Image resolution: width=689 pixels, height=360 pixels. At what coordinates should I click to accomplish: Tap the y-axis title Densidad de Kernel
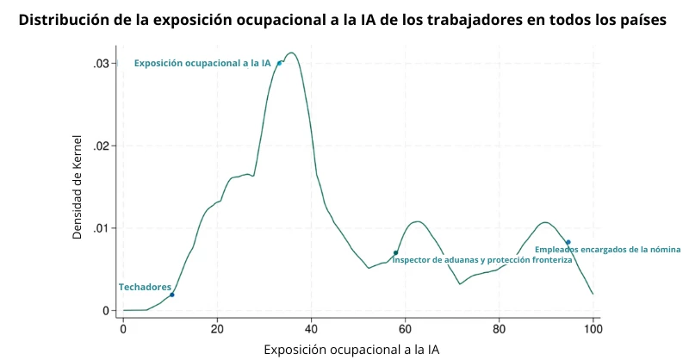pyautogui.click(x=77, y=187)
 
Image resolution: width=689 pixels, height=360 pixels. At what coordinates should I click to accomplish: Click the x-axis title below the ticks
pyautogui.click(x=351, y=349)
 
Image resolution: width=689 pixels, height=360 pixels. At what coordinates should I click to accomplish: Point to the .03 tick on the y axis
pyautogui.click(x=101, y=64)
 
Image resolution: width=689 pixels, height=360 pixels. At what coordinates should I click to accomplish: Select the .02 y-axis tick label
pyautogui.click(x=101, y=146)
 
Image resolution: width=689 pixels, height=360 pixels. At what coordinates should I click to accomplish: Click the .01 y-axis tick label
pyautogui.click(x=101, y=228)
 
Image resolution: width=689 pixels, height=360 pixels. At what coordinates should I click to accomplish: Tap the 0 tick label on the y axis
pyautogui.click(x=106, y=310)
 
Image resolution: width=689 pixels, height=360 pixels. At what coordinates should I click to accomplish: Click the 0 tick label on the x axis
pyautogui.click(x=123, y=329)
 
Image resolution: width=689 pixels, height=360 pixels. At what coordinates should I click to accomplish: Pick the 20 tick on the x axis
pyautogui.click(x=217, y=329)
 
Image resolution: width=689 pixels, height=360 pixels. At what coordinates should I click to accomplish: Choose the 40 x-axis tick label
pyautogui.click(x=312, y=329)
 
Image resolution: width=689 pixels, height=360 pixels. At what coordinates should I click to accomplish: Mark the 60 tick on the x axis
pyautogui.click(x=406, y=329)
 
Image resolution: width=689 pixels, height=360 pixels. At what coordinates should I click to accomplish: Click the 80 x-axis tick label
pyautogui.click(x=500, y=329)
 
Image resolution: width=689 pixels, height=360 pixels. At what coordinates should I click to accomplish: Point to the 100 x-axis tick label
pyautogui.click(x=593, y=329)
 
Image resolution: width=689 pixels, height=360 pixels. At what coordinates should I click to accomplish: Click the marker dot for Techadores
pyautogui.click(x=172, y=295)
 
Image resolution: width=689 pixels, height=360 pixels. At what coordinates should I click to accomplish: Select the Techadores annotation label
pyautogui.click(x=145, y=287)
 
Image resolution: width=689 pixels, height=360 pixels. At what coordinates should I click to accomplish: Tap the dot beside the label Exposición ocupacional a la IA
pyautogui.click(x=279, y=63)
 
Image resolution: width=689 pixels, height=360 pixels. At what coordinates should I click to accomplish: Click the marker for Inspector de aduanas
pyautogui.click(x=395, y=252)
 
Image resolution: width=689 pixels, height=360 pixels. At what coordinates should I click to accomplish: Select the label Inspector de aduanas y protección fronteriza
pyautogui.click(x=481, y=260)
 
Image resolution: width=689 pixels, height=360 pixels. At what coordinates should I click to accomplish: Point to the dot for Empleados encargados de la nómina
pyautogui.click(x=568, y=242)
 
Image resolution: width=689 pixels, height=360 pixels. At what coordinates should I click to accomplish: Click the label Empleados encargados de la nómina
pyautogui.click(x=607, y=250)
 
